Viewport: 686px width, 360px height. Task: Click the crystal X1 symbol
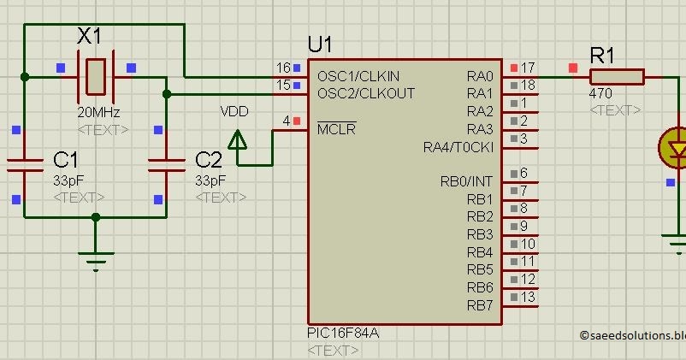click(x=95, y=76)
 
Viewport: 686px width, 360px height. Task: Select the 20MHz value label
click(x=98, y=113)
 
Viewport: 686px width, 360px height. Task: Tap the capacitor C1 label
click(x=65, y=160)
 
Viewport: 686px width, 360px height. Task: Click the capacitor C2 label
click(x=209, y=160)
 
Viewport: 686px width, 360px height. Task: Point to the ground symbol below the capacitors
click(x=96, y=254)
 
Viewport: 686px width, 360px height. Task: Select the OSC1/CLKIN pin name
click(x=358, y=75)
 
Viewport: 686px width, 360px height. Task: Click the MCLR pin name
click(x=336, y=129)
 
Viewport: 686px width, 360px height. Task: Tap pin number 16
click(x=283, y=68)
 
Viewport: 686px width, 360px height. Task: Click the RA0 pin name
click(x=480, y=75)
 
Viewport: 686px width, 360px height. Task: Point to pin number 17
click(x=528, y=67)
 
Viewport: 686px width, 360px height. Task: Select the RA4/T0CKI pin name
click(x=458, y=147)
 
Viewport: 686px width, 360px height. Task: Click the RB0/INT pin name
click(x=467, y=181)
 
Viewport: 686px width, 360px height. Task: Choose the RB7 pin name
click(x=480, y=305)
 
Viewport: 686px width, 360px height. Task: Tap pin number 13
click(x=528, y=297)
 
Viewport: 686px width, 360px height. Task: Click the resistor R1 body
click(x=617, y=77)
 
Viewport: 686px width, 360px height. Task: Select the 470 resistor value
click(x=600, y=94)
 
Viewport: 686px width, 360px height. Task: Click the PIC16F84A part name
click(x=342, y=333)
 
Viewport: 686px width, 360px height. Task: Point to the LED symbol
click(x=676, y=148)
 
